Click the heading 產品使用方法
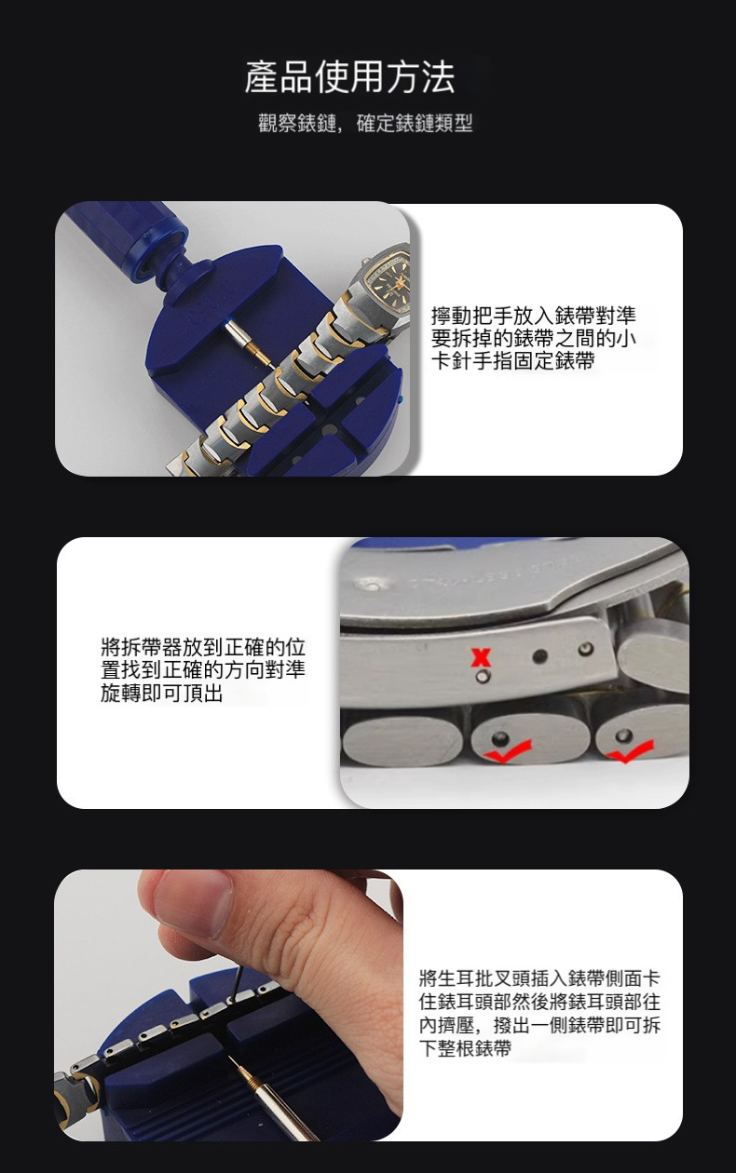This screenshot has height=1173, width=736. tap(349, 77)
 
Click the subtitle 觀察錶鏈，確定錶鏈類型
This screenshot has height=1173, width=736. tap(365, 124)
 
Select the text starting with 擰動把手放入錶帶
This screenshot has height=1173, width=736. tap(534, 338)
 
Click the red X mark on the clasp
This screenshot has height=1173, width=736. tap(481, 657)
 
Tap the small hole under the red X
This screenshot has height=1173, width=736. tap(483, 677)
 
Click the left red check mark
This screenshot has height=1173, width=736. tap(507, 750)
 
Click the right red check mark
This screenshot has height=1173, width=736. tap(631, 751)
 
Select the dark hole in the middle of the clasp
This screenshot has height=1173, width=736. tap(540, 656)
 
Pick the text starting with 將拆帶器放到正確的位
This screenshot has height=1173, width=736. tap(203, 670)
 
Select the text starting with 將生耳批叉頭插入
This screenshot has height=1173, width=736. tap(539, 1013)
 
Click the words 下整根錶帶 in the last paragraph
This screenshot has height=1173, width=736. tap(465, 1048)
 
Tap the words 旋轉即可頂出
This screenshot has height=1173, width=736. tap(162, 694)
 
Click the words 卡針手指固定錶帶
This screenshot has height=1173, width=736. tap(513, 361)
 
